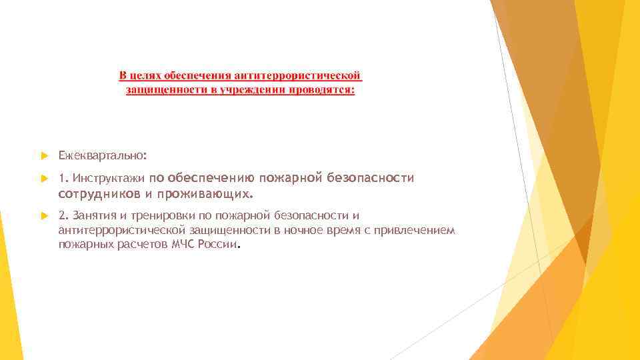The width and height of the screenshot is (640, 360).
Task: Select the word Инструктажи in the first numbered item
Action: (109, 179)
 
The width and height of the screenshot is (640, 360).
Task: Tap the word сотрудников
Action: (99, 194)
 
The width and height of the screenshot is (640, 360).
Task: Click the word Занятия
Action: (92, 215)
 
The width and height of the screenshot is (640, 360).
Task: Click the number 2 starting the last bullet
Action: (61, 215)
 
